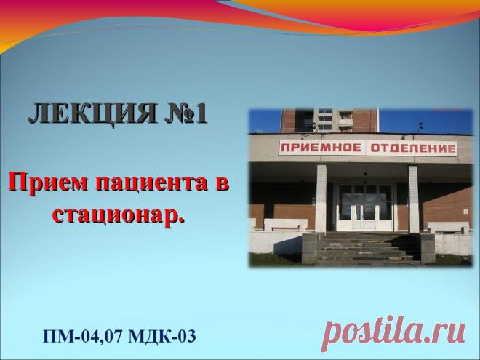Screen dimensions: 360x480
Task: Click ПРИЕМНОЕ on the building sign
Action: (318, 149)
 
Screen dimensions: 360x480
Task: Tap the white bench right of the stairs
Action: (445, 228)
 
